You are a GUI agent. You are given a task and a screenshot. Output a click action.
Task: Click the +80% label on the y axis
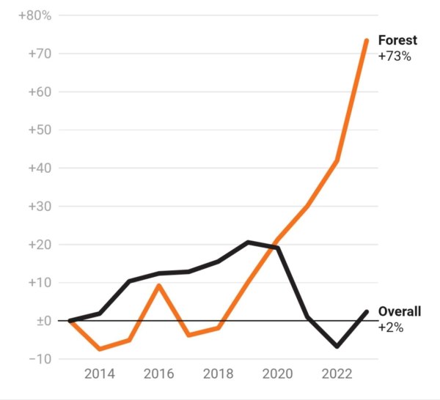click(35, 15)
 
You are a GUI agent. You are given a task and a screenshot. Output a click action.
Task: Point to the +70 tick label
click(40, 53)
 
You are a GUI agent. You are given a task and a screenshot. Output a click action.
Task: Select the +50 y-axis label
click(40, 130)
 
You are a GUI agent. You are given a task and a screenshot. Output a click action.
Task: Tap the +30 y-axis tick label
click(40, 207)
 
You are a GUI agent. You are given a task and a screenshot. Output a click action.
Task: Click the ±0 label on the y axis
click(44, 321)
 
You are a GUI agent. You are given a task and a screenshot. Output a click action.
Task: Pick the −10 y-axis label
click(40, 359)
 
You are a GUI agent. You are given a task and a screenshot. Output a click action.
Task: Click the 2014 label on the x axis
click(100, 374)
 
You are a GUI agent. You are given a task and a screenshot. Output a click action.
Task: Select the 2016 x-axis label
click(159, 374)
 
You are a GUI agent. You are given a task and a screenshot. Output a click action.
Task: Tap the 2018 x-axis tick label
click(218, 374)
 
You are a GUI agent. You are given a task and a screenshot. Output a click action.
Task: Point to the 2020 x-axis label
click(277, 374)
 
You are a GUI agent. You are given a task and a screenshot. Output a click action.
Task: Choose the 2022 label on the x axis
click(337, 374)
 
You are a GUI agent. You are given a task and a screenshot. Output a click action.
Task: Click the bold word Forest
click(397, 40)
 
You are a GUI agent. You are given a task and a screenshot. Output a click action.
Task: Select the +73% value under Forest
click(395, 56)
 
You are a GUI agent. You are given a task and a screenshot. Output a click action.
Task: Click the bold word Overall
click(400, 311)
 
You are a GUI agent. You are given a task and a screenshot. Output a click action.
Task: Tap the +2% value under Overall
click(391, 327)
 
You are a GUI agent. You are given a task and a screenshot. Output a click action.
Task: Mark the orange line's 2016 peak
click(159, 286)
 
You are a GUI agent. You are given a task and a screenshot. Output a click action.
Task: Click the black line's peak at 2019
click(248, 242)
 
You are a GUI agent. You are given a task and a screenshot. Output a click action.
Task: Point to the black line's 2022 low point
click(337, 347)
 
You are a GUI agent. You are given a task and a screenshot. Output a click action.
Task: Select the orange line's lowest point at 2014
click(100, 349)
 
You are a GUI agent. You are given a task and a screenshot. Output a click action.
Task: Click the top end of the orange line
click(367, 40)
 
